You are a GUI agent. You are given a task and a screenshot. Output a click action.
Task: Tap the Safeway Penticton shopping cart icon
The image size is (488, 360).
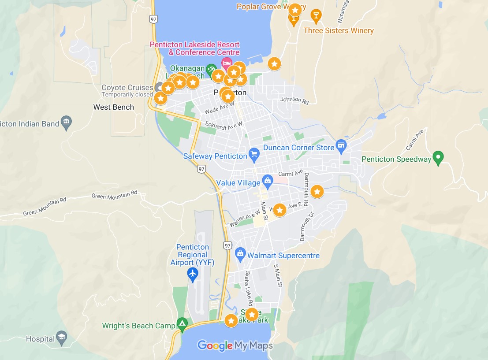click(x=253, y=154)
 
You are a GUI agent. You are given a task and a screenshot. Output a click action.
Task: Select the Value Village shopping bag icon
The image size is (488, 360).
click(x=267, y=181)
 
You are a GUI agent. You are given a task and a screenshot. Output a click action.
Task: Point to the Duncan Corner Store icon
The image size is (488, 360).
click(x=341, y=145)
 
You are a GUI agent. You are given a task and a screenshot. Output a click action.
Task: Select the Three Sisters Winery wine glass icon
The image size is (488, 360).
click(x=316, y=16)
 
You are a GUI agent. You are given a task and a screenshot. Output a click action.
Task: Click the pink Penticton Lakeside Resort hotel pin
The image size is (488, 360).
click(x=227, y=63)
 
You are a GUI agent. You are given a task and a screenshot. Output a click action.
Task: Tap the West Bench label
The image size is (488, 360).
click(x=113, y=107)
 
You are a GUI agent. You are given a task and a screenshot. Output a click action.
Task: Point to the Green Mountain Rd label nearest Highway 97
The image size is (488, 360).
click(x=114, y=194)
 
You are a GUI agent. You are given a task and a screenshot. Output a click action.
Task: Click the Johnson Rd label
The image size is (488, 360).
click(x=294, y=100)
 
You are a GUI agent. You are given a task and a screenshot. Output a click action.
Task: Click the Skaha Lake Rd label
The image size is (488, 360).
click(x=249, y=289)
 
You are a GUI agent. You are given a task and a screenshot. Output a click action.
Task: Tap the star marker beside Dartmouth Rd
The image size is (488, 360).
click(x=317, y=191)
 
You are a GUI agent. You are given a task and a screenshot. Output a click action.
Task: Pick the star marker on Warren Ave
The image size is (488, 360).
click(x=279, y=210)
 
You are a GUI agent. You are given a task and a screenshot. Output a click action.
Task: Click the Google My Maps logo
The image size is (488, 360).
click(x=235, y=345)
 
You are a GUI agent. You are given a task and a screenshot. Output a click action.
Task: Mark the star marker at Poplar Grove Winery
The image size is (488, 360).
click(x=295, y=10)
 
